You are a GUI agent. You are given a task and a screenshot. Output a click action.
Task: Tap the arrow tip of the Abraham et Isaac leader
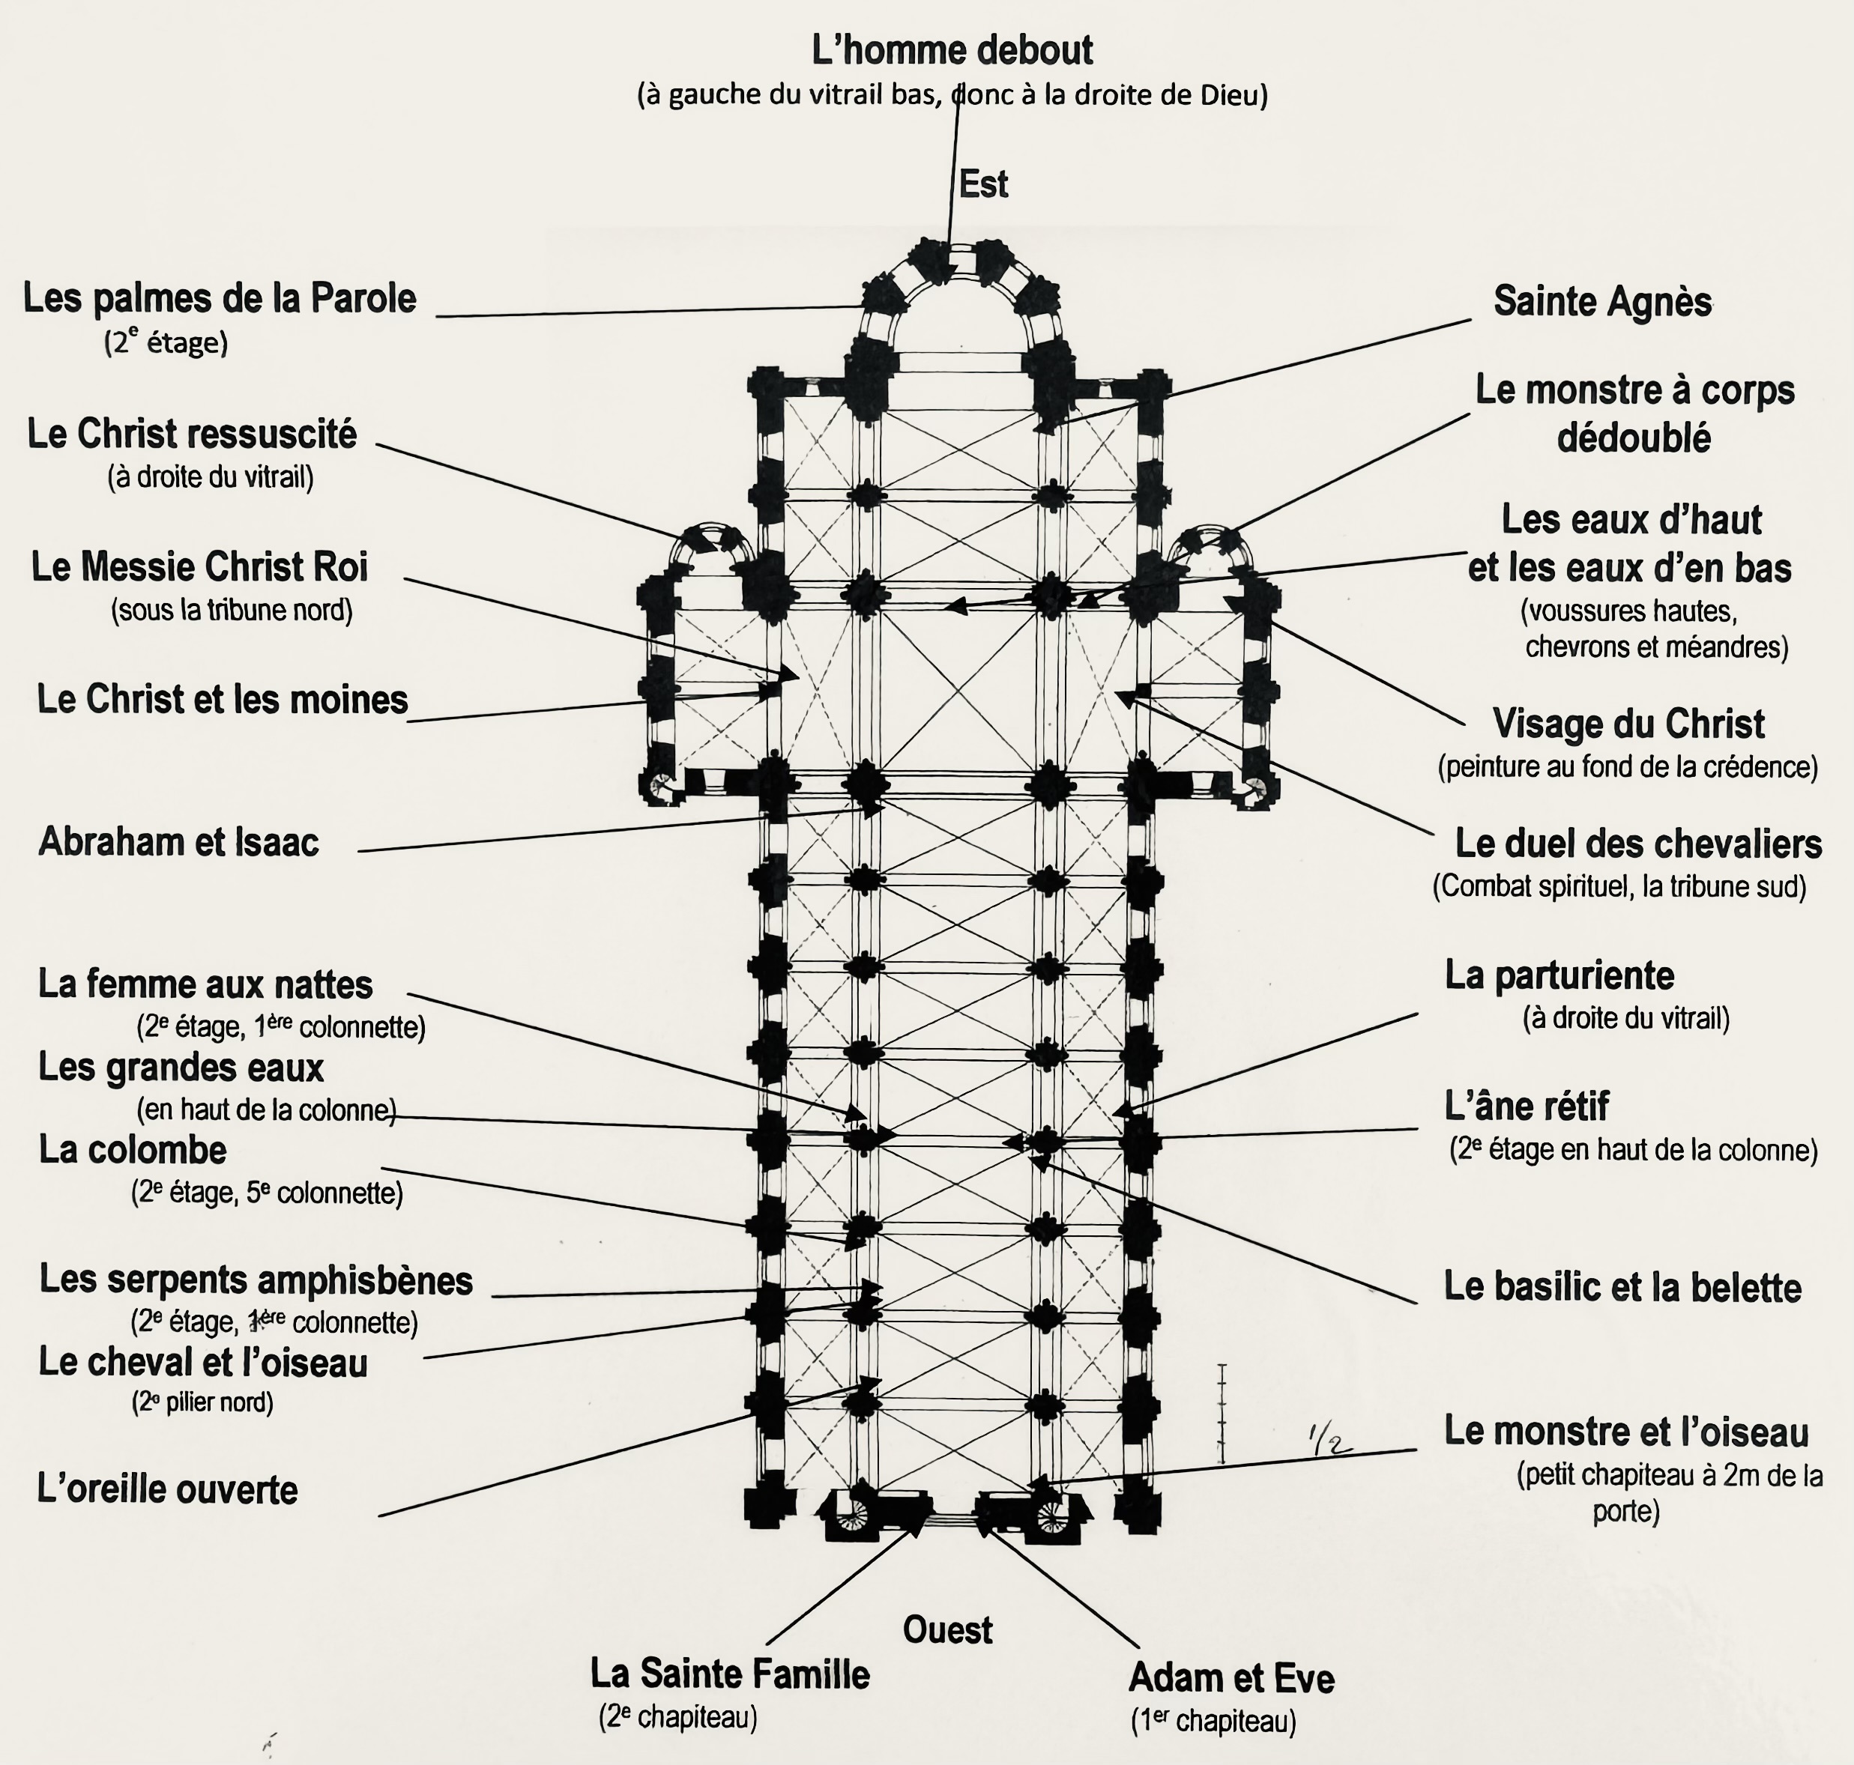(x=884, y=805)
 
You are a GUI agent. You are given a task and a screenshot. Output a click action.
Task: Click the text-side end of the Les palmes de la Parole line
(x=437, y=316)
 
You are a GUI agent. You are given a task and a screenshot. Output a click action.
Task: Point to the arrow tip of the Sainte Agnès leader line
(x=1034, y=431)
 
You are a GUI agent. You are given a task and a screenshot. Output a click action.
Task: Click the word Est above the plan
(x=983, y=184)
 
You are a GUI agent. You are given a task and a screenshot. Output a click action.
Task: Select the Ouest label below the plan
(x=948, y=1630)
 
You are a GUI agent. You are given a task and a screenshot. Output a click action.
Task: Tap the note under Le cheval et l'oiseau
(x=202, y=1402)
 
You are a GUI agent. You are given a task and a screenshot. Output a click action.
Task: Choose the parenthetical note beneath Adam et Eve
(x=1213, y=1721)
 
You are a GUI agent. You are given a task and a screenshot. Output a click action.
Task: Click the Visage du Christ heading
(x=1629, y=724)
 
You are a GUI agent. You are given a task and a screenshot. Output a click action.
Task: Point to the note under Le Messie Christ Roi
(x=232, y=611)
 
